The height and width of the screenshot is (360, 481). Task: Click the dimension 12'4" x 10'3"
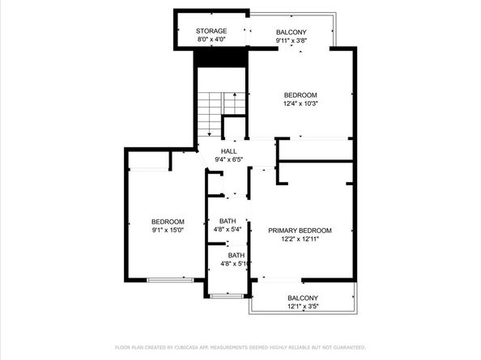pyautogui.click(x=300, y=103)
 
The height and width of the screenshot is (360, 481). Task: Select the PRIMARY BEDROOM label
pyautogui.click(x=300, y=231)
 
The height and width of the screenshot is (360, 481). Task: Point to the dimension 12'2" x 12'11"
pyautogui.click(x=300, y=239)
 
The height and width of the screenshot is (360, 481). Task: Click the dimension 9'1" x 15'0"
pyautogui.click(x=168, y=231)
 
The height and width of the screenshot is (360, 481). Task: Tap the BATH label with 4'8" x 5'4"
pyautogui.click(x=227, y=221)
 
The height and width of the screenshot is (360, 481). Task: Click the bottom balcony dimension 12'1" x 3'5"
pyautogui.click(x=303, y=307)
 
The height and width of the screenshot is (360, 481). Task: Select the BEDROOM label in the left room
pyautogui.click(x=168, y=222)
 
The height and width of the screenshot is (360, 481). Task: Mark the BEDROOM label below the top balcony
pyautogui.click(x=300, y=94)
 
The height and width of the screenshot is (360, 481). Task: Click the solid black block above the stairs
pyautogui.click(x=220, y=58)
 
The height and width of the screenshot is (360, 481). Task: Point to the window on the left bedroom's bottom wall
pyautogui.click(x=170, y=280)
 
